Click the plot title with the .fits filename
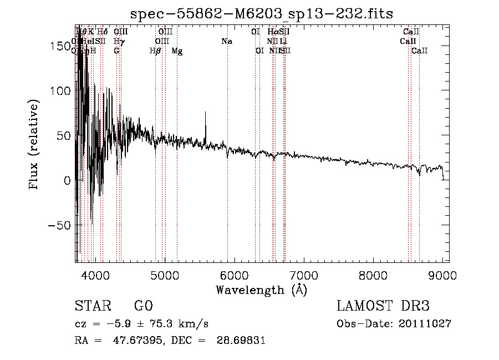(x=262, y=13)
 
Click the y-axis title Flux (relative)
(x=34, y=145)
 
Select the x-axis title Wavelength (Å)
(x=262, y=290)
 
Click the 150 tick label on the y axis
(x=59, y=47)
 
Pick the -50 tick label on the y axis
(x=60, y=225)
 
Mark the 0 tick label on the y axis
(x=66, y=180)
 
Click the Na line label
(x=226, y=42)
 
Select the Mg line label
(x=177, y=51)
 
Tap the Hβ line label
(x=155, y=51)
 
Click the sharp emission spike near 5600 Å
(x=206, y=113)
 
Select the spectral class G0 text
(x=143, y=306)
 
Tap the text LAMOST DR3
(x=383, y=306)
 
